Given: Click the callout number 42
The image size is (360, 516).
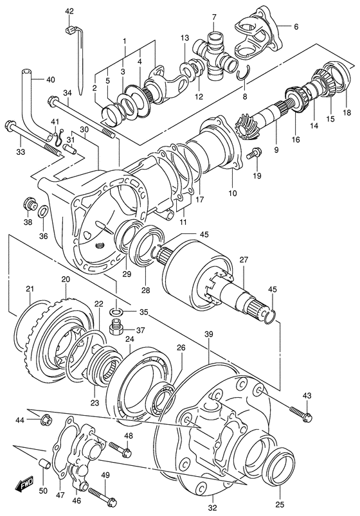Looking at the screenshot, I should [69, 11].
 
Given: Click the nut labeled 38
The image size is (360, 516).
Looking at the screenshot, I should [29, 205].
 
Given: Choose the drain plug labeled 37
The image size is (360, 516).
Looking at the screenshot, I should [116, 330].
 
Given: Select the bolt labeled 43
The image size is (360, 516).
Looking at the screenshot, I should [300, 414].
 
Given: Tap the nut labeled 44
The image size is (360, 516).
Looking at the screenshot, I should [46, 422].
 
